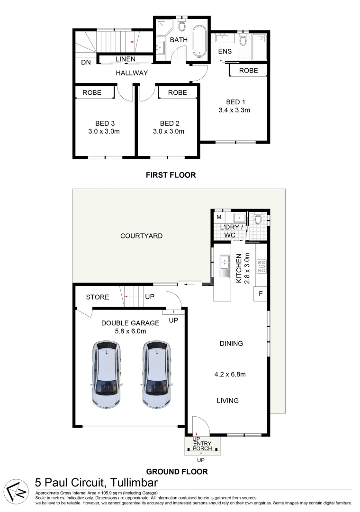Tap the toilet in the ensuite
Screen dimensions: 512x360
pyautogui.click(x=243, y=40)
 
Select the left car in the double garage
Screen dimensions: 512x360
pyautogui.click(x=107, y=375)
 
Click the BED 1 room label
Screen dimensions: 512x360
pyautogui.click(x=235, y=102)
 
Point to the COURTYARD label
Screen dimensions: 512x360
pyautogui.click(x=141, y=236)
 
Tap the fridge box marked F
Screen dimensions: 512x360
pyautogui.click(x=261, y=293)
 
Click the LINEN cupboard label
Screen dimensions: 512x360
pyautogui.click(x=126, y=59)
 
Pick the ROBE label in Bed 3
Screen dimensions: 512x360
pyautogui.click(x=92, y=92)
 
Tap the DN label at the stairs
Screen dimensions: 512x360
pyautogui.click(x=86, y=62)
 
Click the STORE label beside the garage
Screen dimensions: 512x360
pyautogui.click(x=98, y=297)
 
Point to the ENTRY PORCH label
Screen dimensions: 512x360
pyautogui.click(x=202, y=446)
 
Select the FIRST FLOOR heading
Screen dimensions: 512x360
pyautogui.click(x=171, y=175)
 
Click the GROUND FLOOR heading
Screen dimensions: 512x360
pyautogui.click(x=177, y=472)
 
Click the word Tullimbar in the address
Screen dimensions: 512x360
pyautogui.click(x=134, y=483)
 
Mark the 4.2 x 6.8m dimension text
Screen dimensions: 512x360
pyautogui.click(x=230, y=374)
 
